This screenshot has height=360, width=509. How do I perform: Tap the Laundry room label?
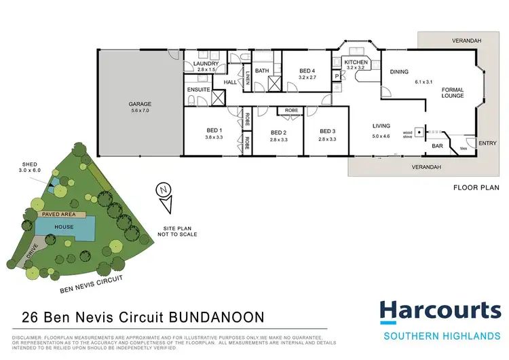[206, 64]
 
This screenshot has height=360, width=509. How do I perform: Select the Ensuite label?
[198, 88]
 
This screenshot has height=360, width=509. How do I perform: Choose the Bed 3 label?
[328, 132]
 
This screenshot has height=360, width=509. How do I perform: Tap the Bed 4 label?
[307, 71]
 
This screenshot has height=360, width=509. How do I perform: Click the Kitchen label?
[356, 62]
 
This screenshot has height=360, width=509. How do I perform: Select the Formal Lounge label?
[453, 92]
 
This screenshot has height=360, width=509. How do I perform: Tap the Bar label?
[438, 145]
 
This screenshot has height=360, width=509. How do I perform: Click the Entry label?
[487, 143]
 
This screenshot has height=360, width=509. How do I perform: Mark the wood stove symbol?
[420, 133]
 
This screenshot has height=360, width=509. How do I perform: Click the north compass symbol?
[163, 191]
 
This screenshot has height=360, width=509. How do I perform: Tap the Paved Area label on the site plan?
[58, 214]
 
